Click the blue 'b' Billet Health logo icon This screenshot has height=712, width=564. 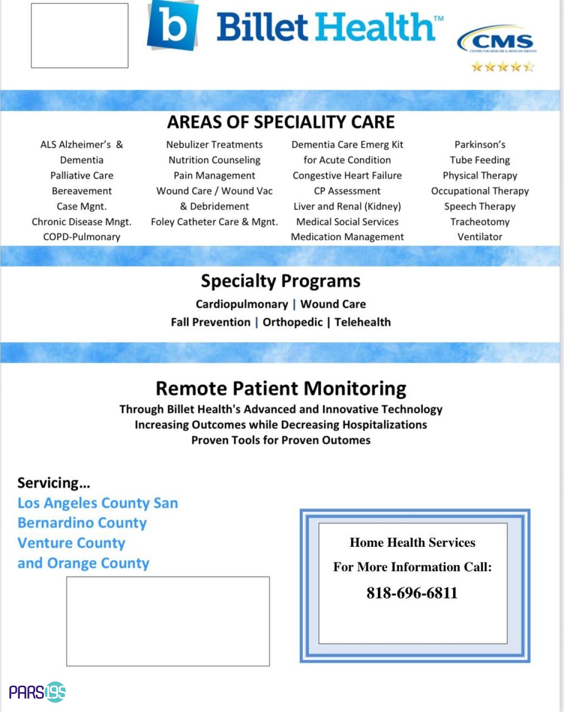(172, 26)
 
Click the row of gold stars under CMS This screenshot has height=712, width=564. (502, 67)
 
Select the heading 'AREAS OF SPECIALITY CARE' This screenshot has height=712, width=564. (281, 122)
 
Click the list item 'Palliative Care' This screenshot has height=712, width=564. (82, 176)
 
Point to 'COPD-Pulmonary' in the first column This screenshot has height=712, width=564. (82, 237)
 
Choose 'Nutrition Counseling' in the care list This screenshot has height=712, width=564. (214, 160)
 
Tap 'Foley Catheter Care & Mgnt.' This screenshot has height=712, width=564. (214, 222)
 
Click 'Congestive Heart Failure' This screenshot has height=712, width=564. (347, 176)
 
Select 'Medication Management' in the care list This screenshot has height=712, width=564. (347, 237)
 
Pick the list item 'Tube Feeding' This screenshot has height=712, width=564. (479, 160)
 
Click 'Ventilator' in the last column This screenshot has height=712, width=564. (479, 237)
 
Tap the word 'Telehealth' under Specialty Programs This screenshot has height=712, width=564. (362, 322)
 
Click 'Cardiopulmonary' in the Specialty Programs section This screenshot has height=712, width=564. (242, 304)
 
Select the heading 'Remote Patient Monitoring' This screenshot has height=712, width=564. (281, 389)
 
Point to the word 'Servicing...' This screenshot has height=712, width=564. (54, 483)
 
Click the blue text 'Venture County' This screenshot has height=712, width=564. (71, 543)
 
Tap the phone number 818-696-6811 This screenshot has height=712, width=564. (412, 593)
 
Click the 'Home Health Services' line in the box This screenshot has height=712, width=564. (412, 543)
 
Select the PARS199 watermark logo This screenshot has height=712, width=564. (38, 692)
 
